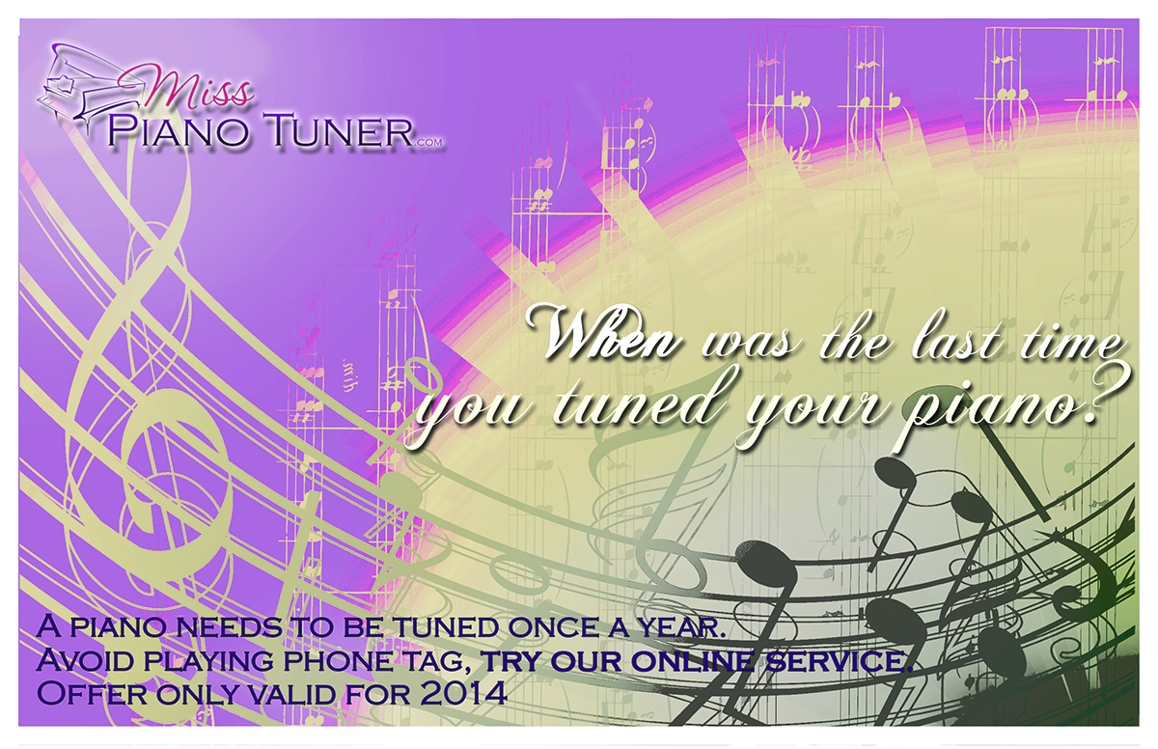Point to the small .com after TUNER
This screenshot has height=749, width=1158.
[x=429, y=143]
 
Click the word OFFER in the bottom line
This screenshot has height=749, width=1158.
[x=92, y=693]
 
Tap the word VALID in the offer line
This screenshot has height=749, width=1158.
[x=293, y=694]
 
